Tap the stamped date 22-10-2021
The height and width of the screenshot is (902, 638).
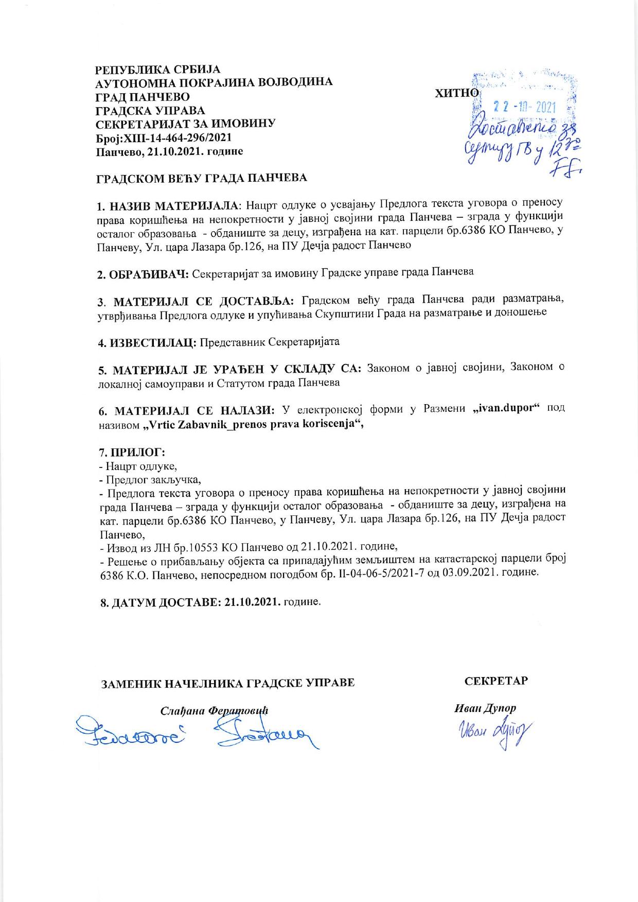[525, 107]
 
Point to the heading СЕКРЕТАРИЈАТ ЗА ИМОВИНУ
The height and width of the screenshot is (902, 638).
[186, 124]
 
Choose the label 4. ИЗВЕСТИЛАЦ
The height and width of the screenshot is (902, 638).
[148, 342]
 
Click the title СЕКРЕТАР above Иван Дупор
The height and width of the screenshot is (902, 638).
[496, 681]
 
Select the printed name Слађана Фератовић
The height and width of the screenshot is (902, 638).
[215, 710]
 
